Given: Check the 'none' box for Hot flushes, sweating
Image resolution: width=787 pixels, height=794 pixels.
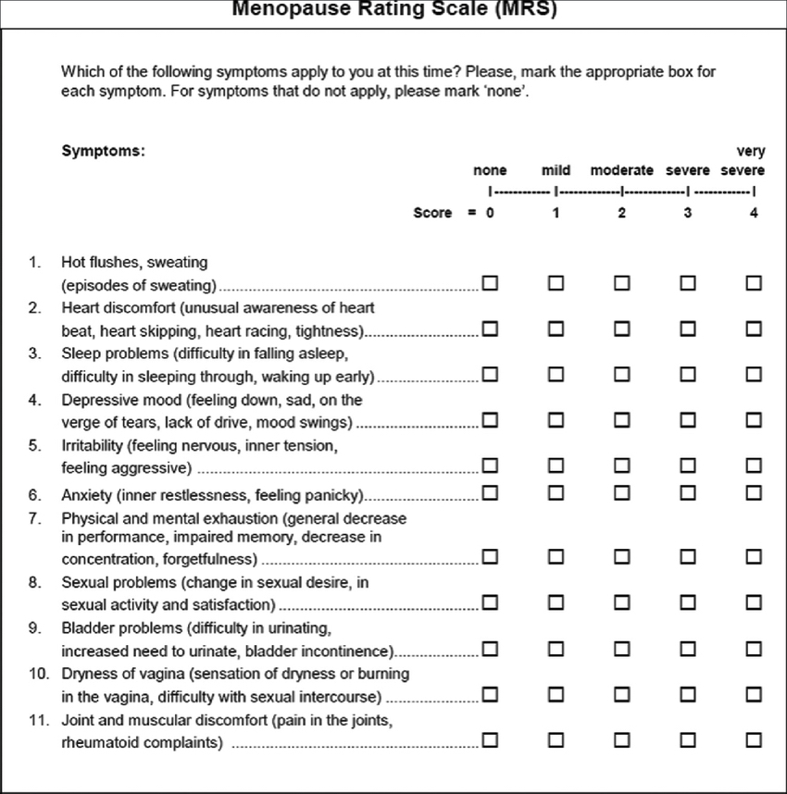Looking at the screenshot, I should (490, 283).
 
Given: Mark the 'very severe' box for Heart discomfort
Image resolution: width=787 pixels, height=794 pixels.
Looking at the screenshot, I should (754, 329).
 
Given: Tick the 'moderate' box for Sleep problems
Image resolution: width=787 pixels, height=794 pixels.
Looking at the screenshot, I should (621, 375).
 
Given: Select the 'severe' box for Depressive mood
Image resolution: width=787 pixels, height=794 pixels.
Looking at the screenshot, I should (688, 421).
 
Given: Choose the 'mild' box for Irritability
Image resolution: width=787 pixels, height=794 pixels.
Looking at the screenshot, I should (556, 465).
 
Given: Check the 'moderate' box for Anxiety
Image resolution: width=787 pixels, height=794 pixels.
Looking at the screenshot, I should (621, 492).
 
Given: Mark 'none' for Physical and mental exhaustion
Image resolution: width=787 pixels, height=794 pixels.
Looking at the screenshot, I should (490, 557).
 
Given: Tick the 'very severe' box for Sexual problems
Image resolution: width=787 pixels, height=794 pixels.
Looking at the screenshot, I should (754, 603).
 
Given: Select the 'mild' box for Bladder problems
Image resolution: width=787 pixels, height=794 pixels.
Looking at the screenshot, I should (556, 649).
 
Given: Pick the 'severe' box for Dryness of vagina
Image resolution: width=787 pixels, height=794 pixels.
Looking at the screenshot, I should (688, 695).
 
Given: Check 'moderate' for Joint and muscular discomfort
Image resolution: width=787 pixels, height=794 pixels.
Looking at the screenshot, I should (621, 740).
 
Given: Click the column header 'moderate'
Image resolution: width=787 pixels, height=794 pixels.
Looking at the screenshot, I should (621, 171).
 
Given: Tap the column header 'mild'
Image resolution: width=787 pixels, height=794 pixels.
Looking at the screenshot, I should (556, 171).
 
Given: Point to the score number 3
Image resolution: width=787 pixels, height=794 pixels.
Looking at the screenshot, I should (688, 213).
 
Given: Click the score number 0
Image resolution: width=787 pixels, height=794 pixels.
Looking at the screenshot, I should (490, 213).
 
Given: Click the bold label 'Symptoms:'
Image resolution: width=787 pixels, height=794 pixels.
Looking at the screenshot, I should (103, 151).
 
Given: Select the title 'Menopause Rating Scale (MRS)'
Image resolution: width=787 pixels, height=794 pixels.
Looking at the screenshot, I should (394, 10).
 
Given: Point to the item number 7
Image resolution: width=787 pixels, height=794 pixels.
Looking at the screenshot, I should (34, 518).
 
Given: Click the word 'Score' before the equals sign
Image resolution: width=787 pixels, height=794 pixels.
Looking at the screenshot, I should (432, 213).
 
